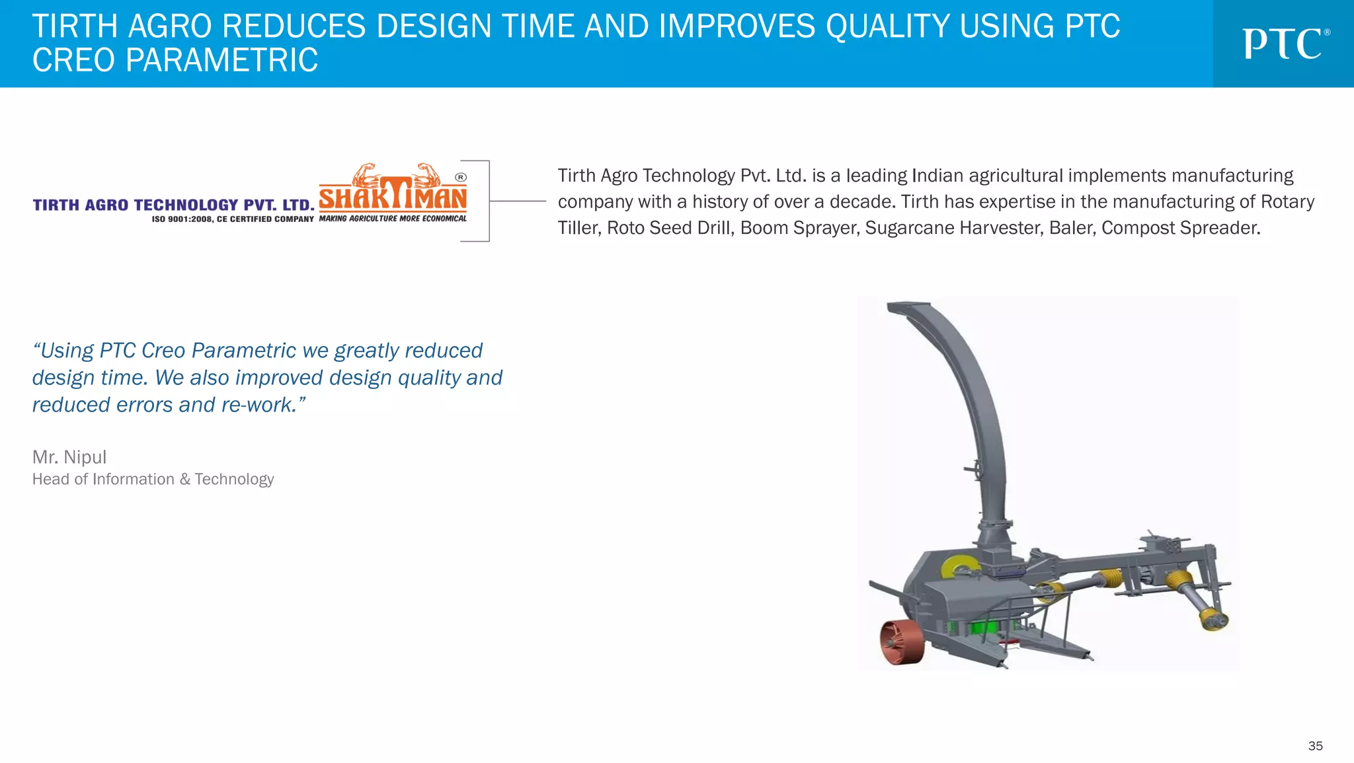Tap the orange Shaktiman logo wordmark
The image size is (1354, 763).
[x=393, y=196]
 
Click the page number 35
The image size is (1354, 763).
[x=1315, y=746]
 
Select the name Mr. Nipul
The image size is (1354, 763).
[x=69, y=457]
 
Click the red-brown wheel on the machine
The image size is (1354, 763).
[x=900, y=641]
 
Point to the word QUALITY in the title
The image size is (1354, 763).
[x=887, y=27]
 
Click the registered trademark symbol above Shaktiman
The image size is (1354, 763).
[x=461, y=177]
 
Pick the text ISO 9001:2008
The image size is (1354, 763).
[x=182, y=219]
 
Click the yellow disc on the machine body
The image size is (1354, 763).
[x=958, y=567]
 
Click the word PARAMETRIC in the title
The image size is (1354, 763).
[x=221, y=61]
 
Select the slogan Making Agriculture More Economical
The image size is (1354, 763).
[x=393, y=219]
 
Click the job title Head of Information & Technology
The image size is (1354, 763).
[x=153, y=480]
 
